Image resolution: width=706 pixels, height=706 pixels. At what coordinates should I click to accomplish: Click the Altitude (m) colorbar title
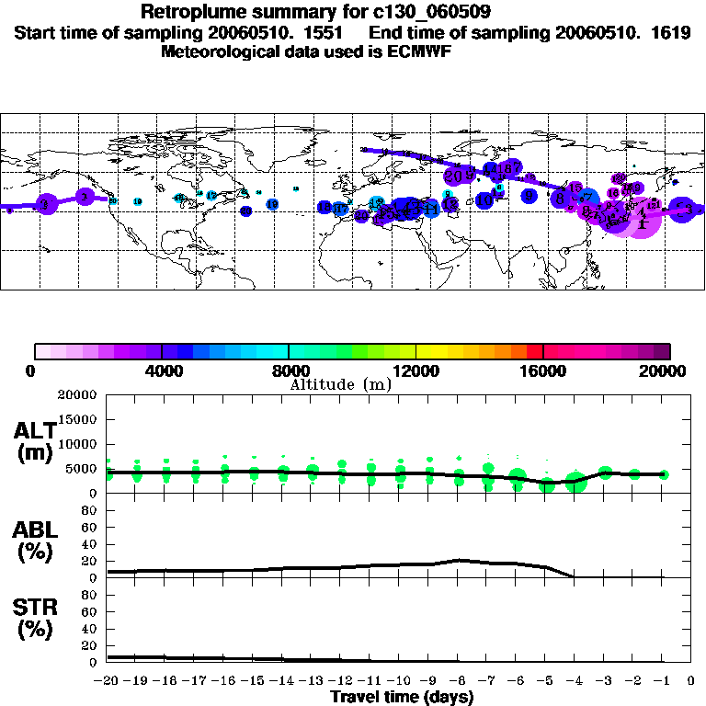[x=340, y=384]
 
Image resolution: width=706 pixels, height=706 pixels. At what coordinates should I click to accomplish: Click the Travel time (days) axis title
[x=402, y=698]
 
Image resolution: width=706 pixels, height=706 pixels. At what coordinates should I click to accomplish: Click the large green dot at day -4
[x=576, y=483]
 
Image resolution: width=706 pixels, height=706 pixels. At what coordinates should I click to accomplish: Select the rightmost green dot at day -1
[x=664, y=474]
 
